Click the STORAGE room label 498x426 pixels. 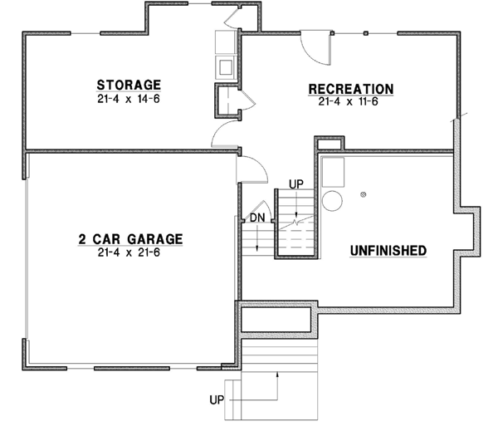point(128,85)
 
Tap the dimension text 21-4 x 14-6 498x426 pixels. point(128,98)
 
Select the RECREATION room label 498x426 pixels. point(350,89)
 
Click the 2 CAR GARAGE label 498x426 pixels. point(130,239)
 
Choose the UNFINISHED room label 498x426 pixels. point(388,250)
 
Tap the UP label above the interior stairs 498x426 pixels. point(295,183)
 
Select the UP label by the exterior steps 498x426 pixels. point(217,399)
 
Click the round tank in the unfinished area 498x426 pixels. point(332,200)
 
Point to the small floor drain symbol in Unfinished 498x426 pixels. point(364,194)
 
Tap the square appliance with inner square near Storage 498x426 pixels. point(225,66)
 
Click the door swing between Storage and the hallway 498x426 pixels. point(227,133)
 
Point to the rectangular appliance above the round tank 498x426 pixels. point(334,171)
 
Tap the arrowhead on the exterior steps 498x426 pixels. point(278,376)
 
